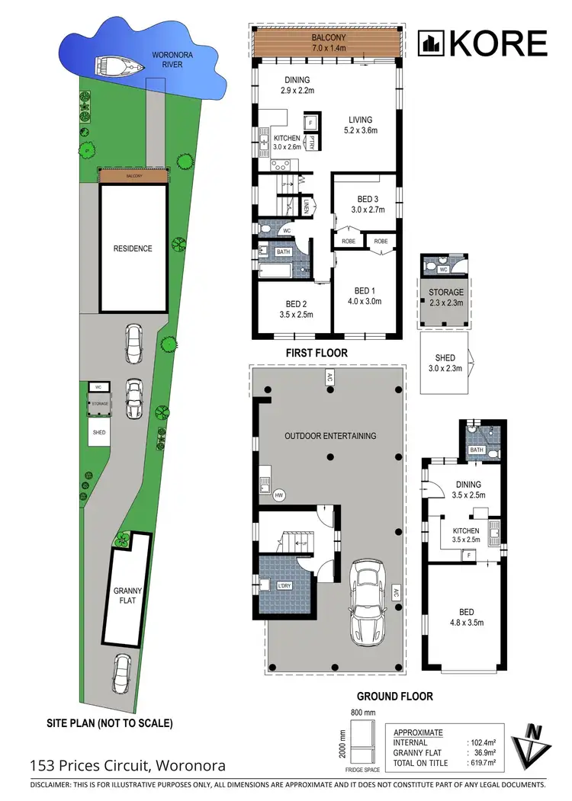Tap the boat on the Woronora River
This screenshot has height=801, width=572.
click(119, 66)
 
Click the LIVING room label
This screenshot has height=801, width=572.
click(360, 125)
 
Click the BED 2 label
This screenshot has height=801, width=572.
click(293, 309)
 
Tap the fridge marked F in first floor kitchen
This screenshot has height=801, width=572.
click(311, 122)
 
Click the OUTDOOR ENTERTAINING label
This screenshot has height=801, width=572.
click(330, 436)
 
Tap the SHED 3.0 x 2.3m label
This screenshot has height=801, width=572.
click(445, 363)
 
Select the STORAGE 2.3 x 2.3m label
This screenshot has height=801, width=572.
click(445, 297)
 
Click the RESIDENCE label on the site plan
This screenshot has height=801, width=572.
click(133, 248)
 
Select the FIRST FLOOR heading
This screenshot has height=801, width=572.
click(316, 353)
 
